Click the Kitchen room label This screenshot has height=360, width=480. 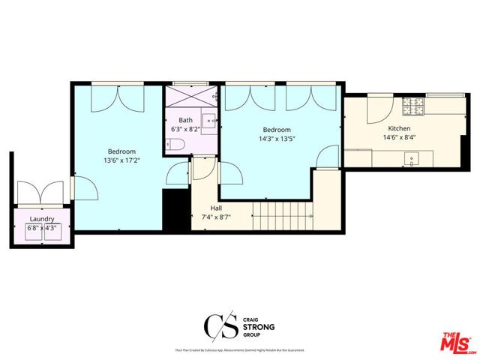(x=379, y=128)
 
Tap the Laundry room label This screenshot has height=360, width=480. (x=41, y=219)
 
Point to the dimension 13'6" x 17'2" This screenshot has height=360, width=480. (x=120, y=160)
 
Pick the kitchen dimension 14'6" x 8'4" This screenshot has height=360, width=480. (x=379, y=137)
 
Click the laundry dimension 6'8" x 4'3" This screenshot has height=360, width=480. (x=43, y=228)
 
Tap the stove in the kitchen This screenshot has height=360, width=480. (x=412, y=107)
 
